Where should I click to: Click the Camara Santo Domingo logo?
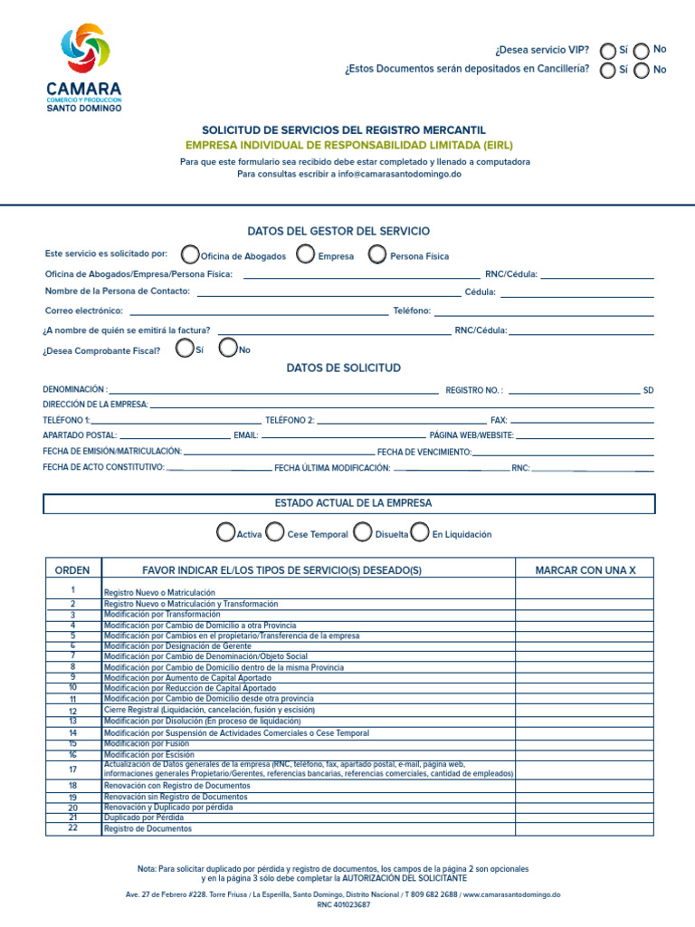tap(83, 68)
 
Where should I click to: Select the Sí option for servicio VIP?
tap(609, 51)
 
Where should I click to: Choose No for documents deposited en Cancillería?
tap(642, 71)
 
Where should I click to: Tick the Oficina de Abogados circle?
tap(190, 254)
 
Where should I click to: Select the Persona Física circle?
tap(377, 254)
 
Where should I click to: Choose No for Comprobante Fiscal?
tap(229, 349)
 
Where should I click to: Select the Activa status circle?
tap(226, 532)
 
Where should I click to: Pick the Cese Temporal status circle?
tap(274, 532)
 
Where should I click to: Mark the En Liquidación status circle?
tap(419, 532)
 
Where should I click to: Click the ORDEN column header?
tap(72, 570)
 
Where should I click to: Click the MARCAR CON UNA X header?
tap(585, 570)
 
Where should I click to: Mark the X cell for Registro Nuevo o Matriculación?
tap(585, 590)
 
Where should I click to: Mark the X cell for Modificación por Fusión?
tap(585, 743)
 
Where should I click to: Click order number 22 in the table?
tap(72, 828)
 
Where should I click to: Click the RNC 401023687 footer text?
tap(343, 905)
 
